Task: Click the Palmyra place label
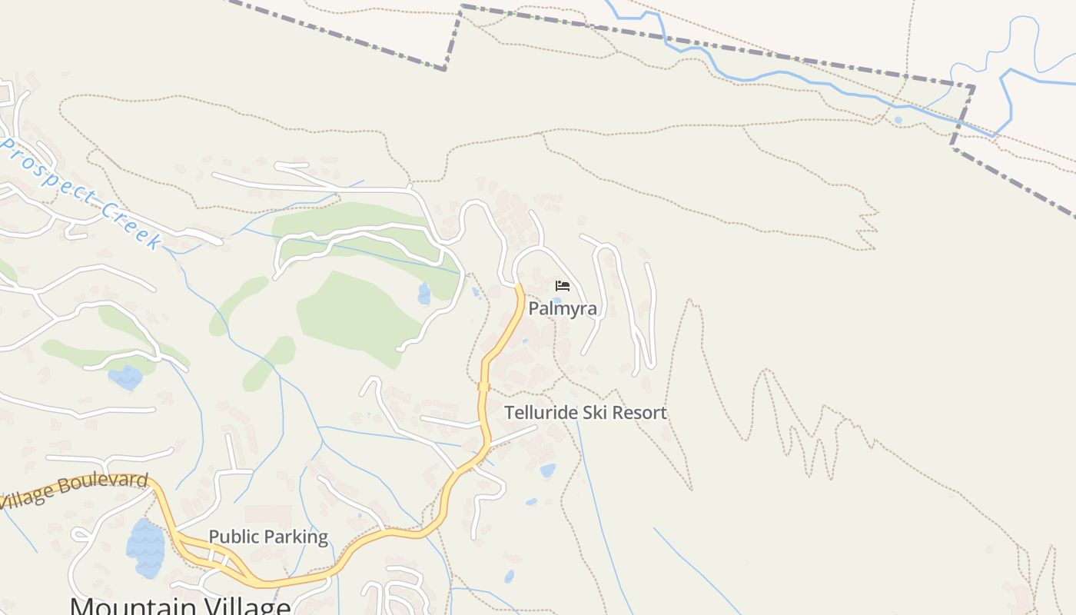[x=563, y=309]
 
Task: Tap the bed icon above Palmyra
[x=563, y=286]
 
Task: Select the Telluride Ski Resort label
[x=586, y=413]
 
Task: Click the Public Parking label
[x=268, y=537]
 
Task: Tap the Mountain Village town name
[x=180, y=606]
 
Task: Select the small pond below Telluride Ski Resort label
[x=547, y=470]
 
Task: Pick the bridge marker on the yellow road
[x=483, y=387]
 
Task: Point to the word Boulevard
[x=103, y=484]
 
